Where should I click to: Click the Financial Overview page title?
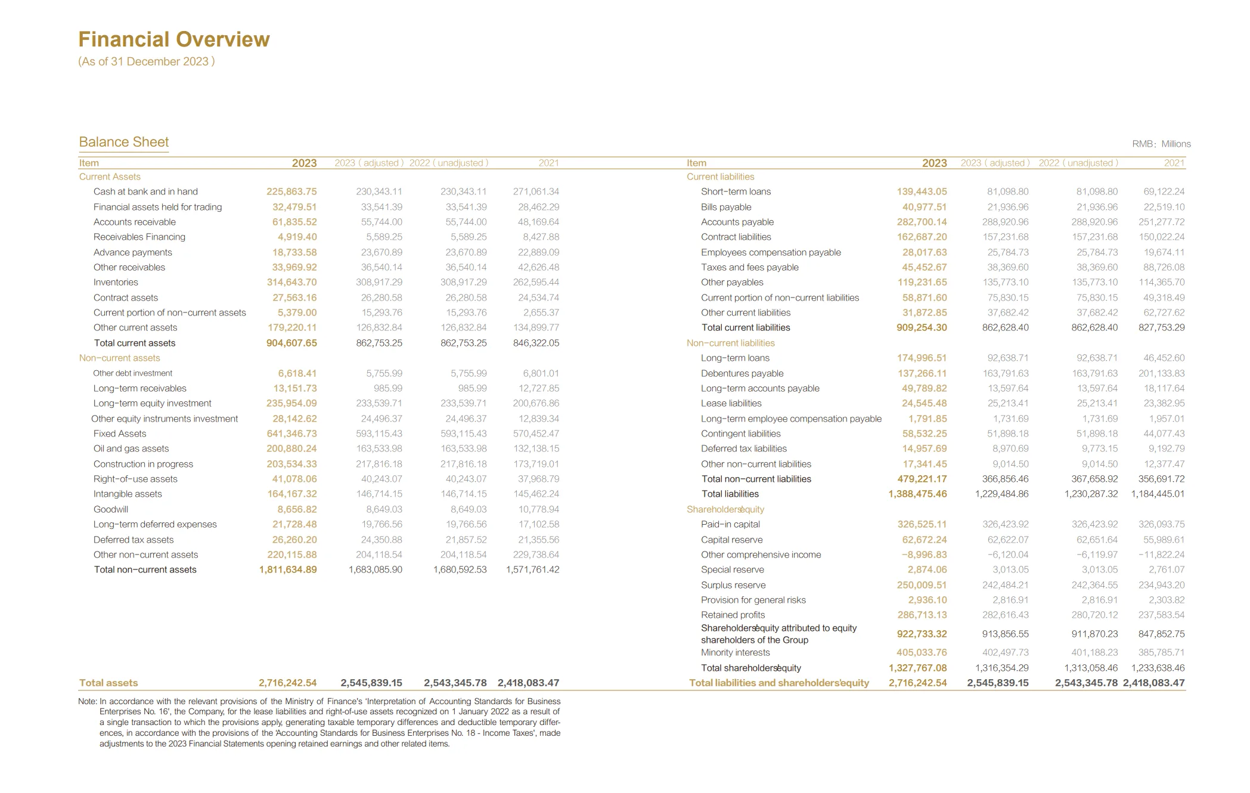click(174, 39)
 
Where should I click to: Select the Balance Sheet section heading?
click(124, 142)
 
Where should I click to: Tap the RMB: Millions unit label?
click(1161, 144)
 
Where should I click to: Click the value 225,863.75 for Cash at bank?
click(291, 191)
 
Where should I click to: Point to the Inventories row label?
click(116, 282)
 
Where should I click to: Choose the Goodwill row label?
click(111, 509)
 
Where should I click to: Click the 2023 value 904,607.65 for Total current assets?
click(291, 343)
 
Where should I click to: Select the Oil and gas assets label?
click(131, 448)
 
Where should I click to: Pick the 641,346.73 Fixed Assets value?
click(291, 433)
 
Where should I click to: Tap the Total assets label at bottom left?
click(108, 683)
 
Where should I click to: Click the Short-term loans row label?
click(736, 191)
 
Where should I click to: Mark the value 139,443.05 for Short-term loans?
click(922, 191)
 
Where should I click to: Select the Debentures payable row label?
click(742, 373)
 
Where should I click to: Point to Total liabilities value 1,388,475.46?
click(917, 494)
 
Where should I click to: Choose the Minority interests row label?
click(735, 652)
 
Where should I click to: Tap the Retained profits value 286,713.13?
click(922, 615)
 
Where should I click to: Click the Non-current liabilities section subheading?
click(730, 343)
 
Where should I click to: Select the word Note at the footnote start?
click(87, 701)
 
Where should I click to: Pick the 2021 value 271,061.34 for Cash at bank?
click(536, 191)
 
